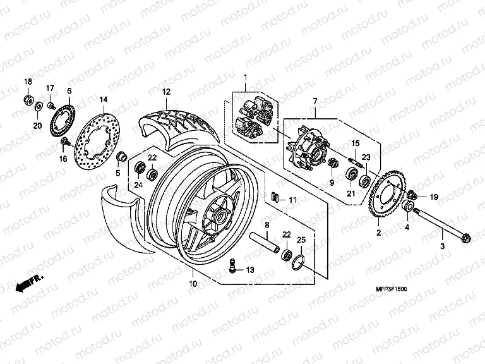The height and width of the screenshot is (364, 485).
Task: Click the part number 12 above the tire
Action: coord(165,92)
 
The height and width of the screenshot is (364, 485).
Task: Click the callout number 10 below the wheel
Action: coord(193,284)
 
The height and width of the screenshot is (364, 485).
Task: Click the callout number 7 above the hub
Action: coord(314,101)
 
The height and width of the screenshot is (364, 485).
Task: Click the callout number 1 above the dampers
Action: coord(246,78)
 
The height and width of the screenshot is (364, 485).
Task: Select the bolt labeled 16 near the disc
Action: coord(63,141)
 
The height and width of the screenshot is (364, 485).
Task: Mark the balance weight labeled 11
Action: coord(275,196)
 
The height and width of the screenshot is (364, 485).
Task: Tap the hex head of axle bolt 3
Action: coord(467,239)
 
